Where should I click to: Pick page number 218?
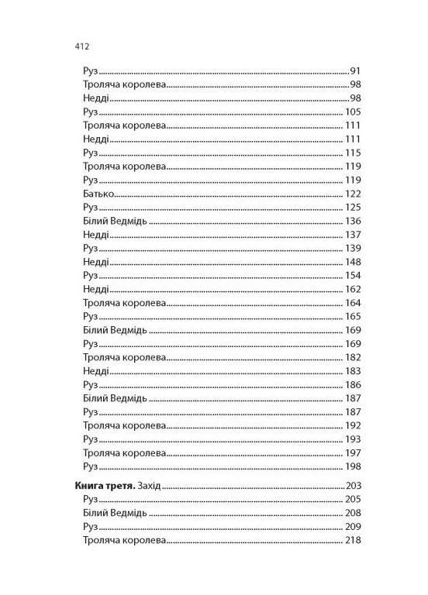(354, 541)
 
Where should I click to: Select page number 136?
(354, 222)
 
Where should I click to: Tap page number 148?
(354, 263)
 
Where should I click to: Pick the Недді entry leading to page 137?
(94, 235)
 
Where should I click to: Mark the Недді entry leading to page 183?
(94, 373)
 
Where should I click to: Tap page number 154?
(354, 277)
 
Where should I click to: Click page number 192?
(354, 425)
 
